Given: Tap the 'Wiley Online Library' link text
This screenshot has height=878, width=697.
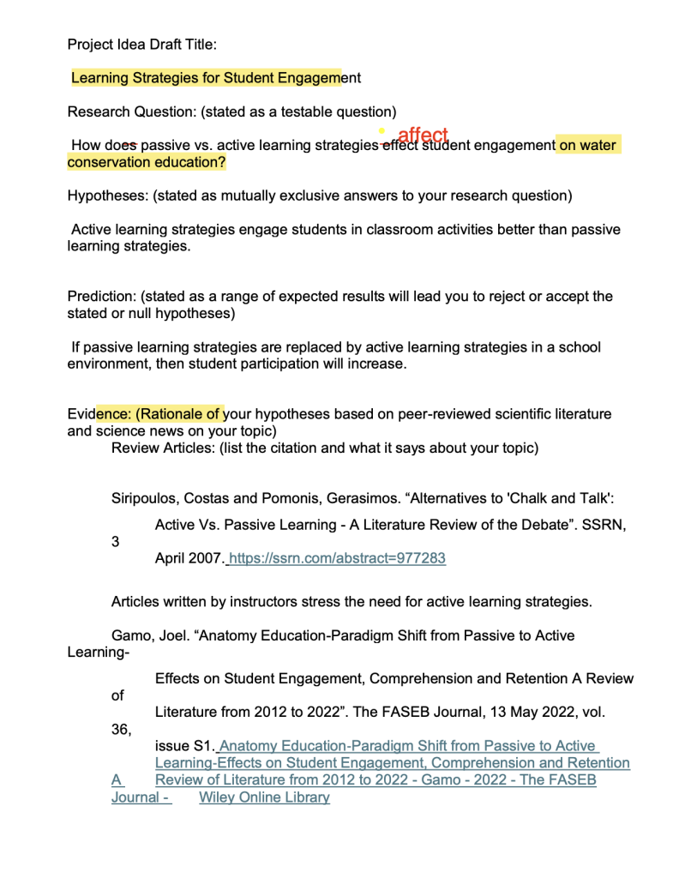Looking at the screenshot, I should [x=264, y=797].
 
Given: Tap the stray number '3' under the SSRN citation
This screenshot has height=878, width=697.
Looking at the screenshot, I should [x=116, y=542].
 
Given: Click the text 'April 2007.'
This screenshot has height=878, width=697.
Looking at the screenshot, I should [x=189, y=558].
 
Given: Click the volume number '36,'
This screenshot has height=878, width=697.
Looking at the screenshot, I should [x=122, y=729].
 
